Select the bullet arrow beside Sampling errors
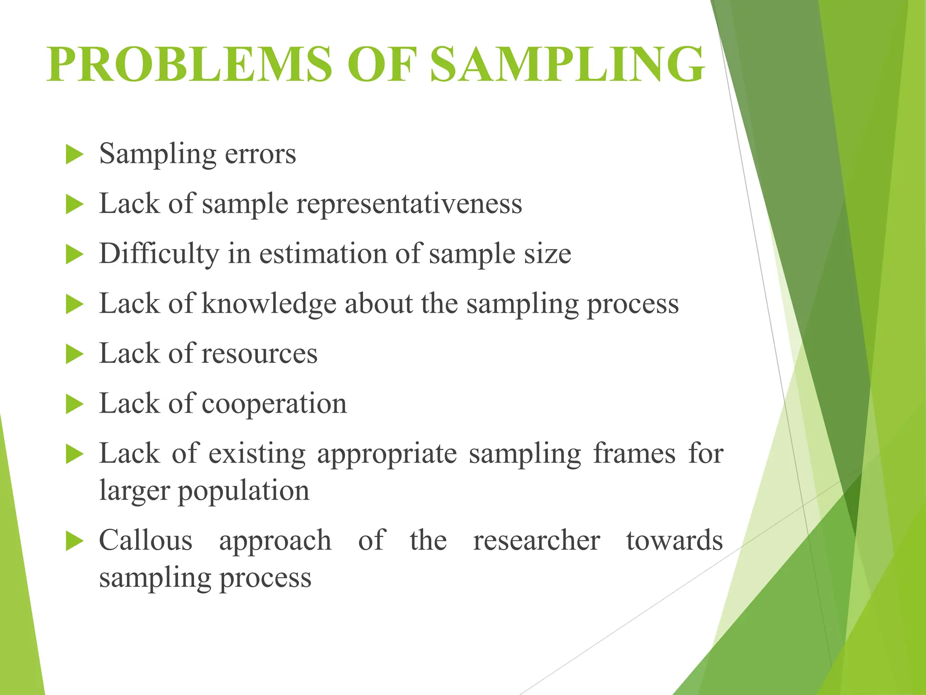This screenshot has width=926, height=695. (75, 155)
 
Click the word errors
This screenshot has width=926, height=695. (260, 154)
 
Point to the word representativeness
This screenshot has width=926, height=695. (409, 204)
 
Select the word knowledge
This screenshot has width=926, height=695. (269, 304)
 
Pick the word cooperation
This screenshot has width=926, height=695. (274, 404)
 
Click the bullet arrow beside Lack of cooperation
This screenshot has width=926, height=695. (75, 404)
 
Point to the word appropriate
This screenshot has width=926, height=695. (387, 454)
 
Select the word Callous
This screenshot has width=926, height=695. (146, 540)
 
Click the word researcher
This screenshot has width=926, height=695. (537, 541)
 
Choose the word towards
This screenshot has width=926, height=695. (674, 540)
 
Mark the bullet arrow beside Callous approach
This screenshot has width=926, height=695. (75, 541)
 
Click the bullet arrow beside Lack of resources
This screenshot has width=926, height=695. (75, 354)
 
